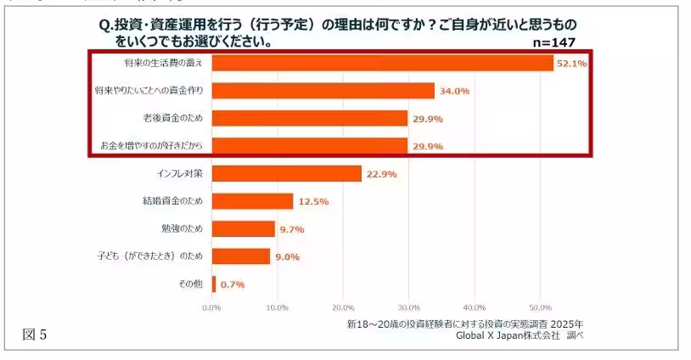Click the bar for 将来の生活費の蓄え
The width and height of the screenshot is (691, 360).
tap(382, 63)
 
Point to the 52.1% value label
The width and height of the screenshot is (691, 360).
tap(571, 64)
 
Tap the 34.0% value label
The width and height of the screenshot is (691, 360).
tap(453, 91)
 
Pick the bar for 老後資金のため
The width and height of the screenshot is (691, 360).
tap(309, 118)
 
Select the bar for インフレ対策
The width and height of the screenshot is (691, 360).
tap(286, 173)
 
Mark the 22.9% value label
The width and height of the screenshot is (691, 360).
tap(380, 174)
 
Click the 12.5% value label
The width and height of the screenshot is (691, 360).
tap(312, 202)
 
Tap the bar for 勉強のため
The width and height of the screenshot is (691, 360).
tap(243, 228)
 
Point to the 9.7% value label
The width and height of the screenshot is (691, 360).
tap(292, 229)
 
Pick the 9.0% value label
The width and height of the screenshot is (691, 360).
tap(288, 257)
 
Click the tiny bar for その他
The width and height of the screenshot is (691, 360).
tap(214, 284)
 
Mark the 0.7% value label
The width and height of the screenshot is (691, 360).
tap(233, 284)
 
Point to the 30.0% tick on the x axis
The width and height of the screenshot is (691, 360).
tap(408, 307)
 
